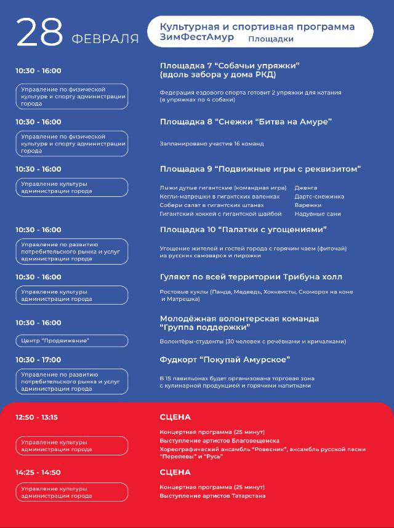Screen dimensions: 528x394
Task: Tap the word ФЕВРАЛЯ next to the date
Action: [105, 39]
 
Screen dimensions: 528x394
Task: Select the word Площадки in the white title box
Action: [270, 39]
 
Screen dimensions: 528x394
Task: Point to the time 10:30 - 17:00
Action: [38, 359]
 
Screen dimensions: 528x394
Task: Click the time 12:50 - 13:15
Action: [36, 417]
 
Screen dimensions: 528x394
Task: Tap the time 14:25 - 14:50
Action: [38, 473]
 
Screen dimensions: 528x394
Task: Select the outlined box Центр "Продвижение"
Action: [71, 340]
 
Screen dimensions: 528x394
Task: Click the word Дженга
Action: [306, 187]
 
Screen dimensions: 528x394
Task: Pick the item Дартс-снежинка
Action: [319, 196]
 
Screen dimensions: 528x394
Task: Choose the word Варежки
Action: [308, 205]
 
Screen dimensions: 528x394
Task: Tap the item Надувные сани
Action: [317, 214]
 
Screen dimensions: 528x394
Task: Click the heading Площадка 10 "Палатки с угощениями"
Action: [243, 230]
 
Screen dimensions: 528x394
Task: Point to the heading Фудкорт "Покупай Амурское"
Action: [225, 359]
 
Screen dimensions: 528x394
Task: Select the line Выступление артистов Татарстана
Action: [212, 495]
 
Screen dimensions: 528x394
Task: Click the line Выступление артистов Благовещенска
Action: [219, 441]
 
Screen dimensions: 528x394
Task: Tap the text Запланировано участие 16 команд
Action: [211, 143]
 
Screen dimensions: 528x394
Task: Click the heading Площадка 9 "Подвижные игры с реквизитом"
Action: [260, 169]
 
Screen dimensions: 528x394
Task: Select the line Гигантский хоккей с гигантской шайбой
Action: [220, 214]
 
